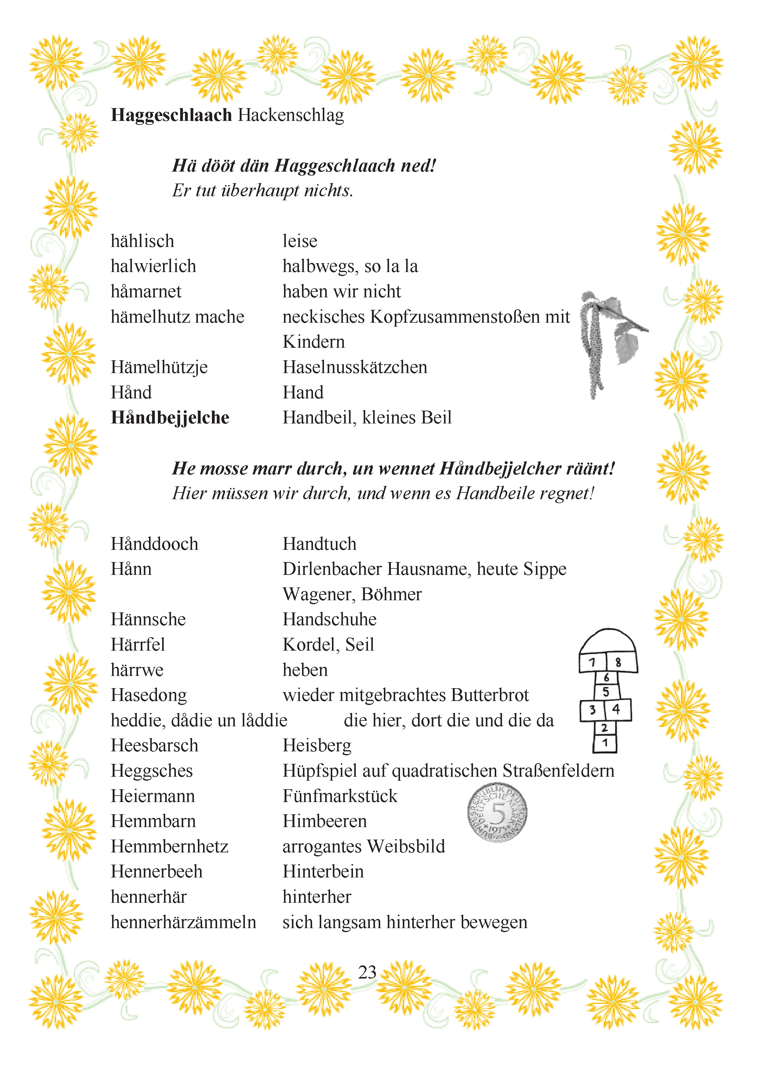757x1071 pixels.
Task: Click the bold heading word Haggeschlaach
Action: [x=171, y=115]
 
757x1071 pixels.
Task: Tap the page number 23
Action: [x=367, y=972]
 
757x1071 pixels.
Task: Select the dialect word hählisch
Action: [x=142, y=241]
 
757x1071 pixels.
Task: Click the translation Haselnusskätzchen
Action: [x=355, y=367]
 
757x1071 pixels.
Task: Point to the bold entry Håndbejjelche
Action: [x=170, y=417]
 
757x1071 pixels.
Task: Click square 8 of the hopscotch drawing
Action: [x=619, y=662]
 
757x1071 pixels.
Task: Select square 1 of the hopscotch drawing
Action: [x=605, y=742]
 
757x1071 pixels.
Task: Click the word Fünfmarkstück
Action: [x=340, y=796]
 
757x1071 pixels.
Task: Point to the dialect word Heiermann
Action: [x=152, y=796]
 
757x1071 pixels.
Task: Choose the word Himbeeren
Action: [x=325, y=821]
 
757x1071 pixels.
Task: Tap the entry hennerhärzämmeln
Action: [x=183, y=922]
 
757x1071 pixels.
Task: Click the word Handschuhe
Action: [x=329, y=619]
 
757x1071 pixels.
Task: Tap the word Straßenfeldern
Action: [x=558, y=771]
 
